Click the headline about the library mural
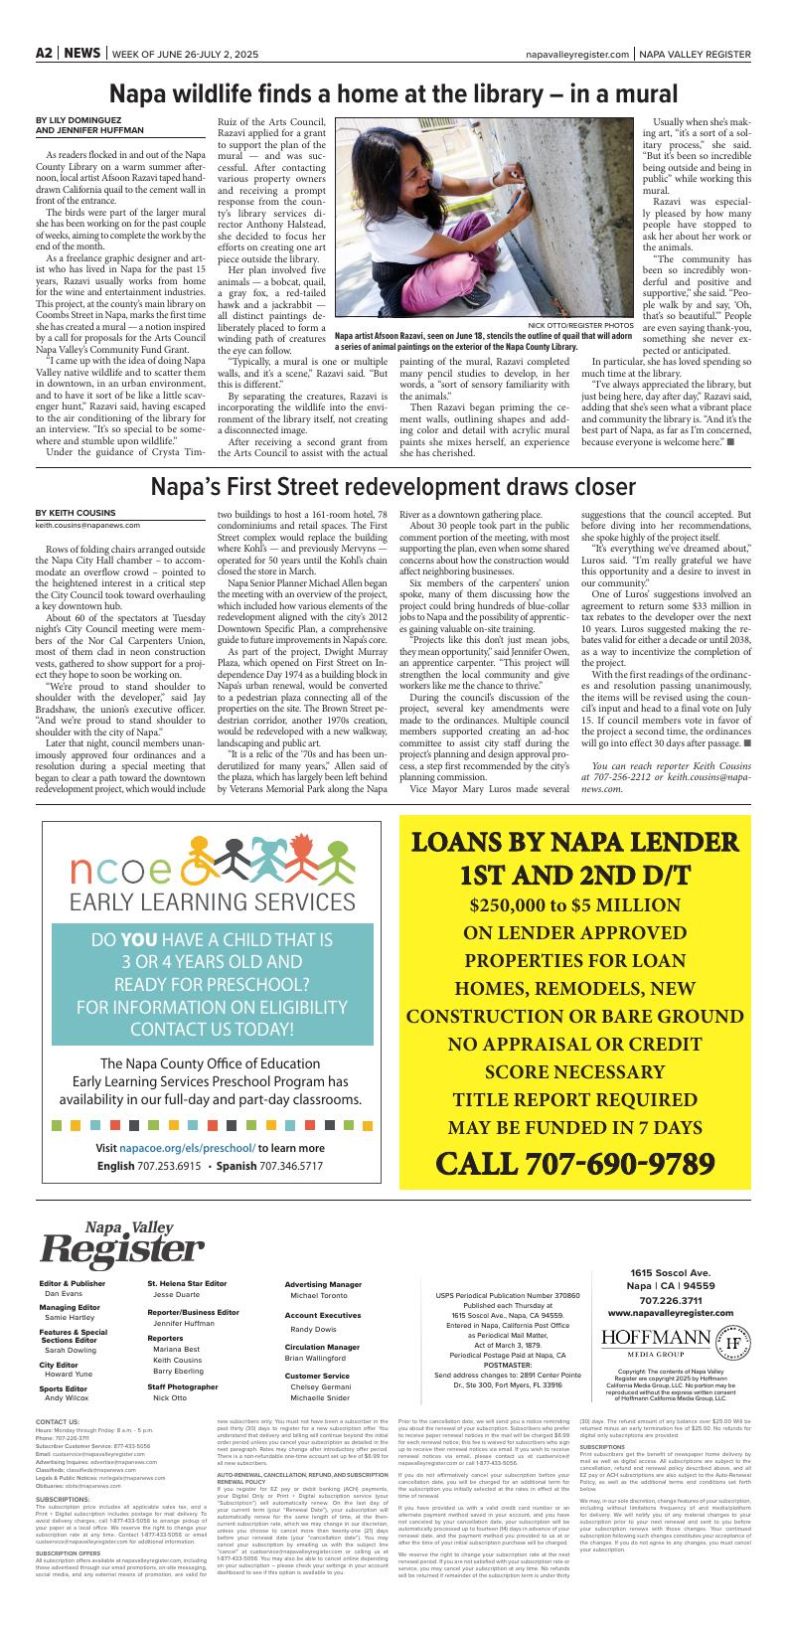(393, 94)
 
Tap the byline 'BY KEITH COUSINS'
(75, 513)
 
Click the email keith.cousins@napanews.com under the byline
(87, 525)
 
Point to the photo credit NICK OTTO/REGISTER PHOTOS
(580, 325)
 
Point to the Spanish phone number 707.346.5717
(290, 1165)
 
